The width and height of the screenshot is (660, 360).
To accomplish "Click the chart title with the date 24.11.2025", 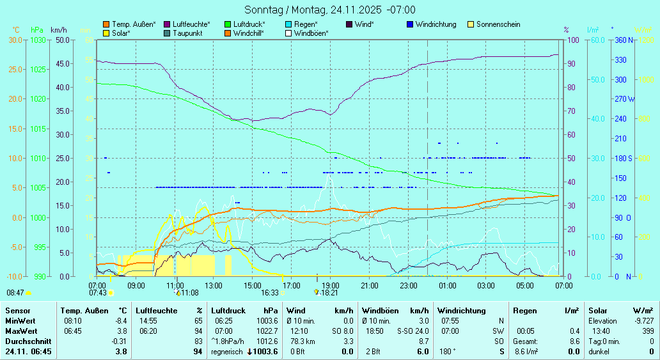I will tap(330, 10).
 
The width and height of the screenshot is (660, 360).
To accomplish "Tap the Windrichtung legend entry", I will tap(436, 24).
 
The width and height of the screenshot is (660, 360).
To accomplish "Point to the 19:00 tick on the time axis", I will tap(330, 285).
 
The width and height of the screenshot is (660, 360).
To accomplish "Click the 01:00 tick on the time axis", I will tap(447, 285).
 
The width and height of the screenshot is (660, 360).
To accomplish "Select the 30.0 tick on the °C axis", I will tap(15, 40).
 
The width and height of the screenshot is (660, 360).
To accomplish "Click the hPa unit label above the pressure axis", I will tap(37, 30).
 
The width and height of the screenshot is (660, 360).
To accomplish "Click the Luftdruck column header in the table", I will tap(228, 310).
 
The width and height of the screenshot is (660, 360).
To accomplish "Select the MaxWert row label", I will tap(20, 331).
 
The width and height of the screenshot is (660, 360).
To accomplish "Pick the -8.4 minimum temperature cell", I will tap(121, 321).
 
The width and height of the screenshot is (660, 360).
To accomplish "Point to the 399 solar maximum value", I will tap(647, 331).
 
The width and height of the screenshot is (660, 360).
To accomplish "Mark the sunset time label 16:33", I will tap(270, 292).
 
